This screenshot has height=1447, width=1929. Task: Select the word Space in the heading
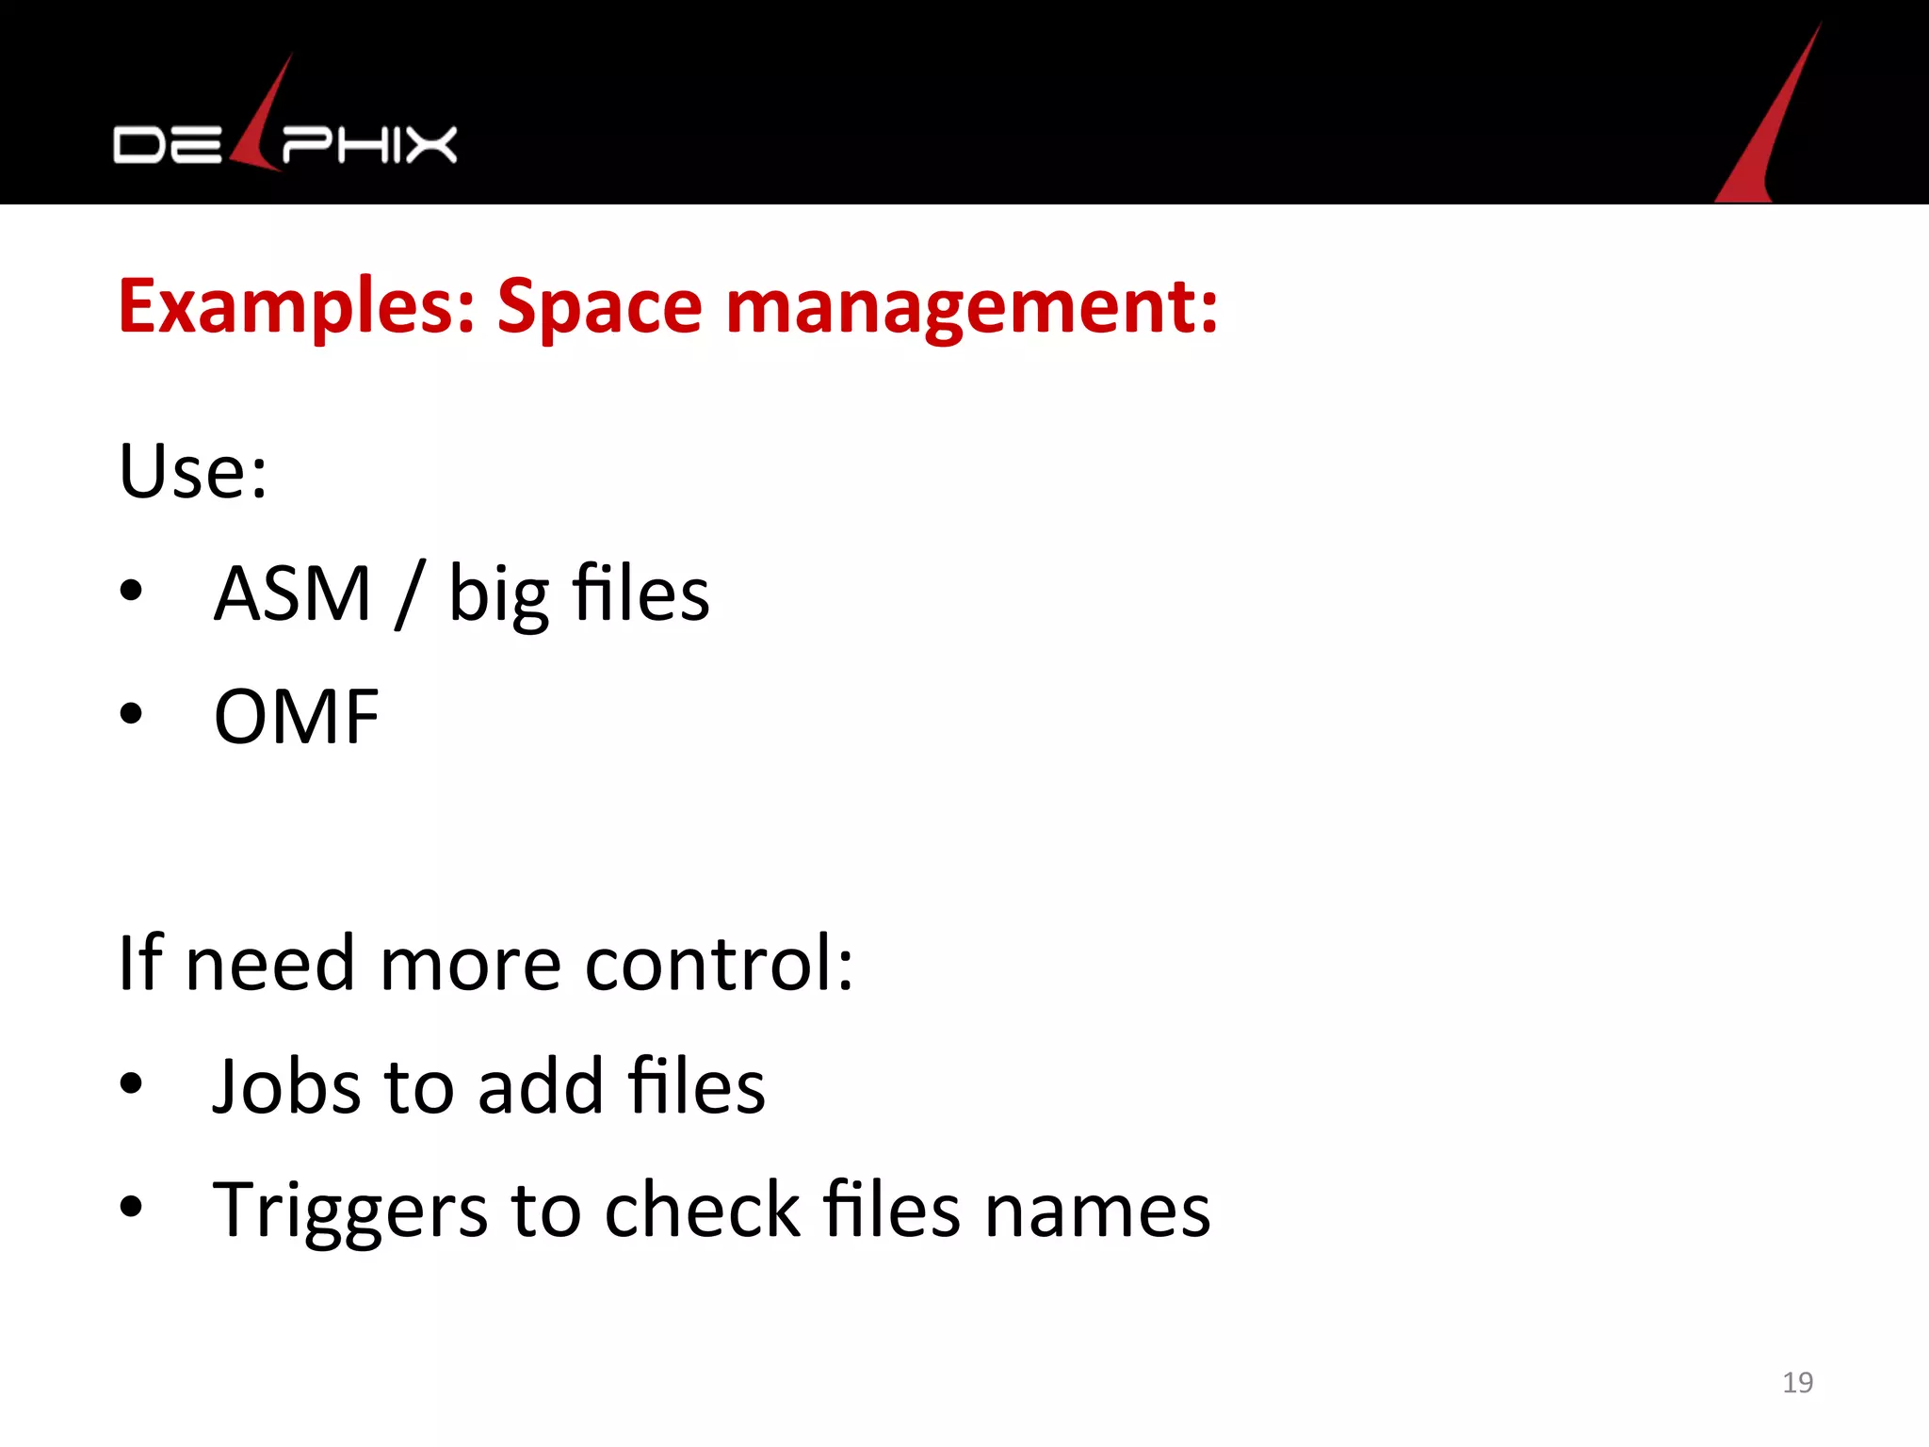(x=600, y=307)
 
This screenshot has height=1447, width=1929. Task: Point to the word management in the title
(x=971, y=307)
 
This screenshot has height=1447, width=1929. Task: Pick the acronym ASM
(x=293, y=593)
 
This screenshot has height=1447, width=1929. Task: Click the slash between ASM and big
(x=410, y=593)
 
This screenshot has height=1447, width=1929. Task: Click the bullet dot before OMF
(x=131, y=714)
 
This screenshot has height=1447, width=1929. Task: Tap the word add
(x=541, y=1086)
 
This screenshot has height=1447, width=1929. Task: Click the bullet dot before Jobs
(x=131, y=1084)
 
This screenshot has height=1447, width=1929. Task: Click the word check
(x=702, y=1210)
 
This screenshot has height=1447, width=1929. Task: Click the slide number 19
(x=1797, y=1382)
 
